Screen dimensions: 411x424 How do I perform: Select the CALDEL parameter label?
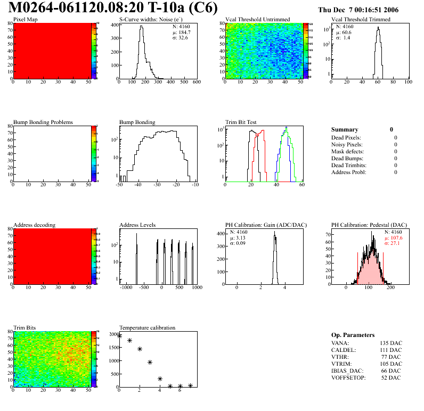tap(344, 350)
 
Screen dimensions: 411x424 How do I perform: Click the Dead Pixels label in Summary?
tap(346, 138)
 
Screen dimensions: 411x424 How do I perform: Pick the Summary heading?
tap(345, 129)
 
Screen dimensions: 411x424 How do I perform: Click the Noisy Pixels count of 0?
tap(396, 145)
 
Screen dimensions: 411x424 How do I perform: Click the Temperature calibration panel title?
tap(147, 327)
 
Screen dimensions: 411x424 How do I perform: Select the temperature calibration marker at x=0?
tap(119, 336)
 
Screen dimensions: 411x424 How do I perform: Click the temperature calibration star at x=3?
tap(150, 362)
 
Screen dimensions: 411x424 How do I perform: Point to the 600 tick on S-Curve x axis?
tap(196, 82)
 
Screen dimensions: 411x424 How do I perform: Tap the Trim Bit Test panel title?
tap(241, 122)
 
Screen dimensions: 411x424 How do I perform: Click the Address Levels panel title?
tap(137, 225)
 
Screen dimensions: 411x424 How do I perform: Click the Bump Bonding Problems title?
tap(43, 122)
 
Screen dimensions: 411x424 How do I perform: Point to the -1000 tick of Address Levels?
tap(126, 287)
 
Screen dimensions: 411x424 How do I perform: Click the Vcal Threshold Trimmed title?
tap(361, 19)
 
